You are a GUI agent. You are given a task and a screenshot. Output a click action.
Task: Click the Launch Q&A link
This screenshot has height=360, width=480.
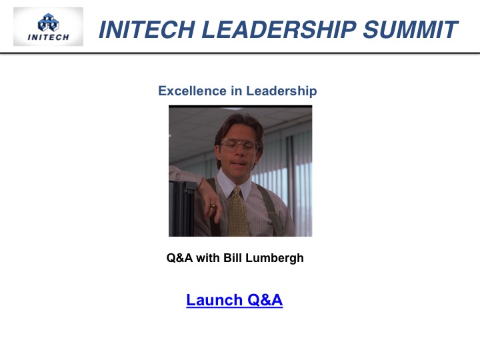(x=235, y=300)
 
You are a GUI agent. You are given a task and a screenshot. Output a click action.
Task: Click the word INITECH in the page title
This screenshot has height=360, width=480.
(x=147, y=29)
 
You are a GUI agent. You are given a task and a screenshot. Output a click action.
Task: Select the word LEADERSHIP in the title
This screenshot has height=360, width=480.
(x=279, y=29)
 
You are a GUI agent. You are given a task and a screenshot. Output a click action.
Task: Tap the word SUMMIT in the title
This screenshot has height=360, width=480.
(x=411, y=29)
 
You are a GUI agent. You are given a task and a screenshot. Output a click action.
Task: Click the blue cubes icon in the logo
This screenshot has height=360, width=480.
(x=49, y=23)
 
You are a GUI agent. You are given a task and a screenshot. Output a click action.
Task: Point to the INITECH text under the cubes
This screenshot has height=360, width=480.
(x=49, y=37)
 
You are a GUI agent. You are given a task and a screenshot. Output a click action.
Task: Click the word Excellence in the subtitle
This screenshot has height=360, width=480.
(x=193, y=91)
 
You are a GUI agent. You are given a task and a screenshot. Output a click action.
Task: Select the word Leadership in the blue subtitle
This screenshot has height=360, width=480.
(x=281, y=91)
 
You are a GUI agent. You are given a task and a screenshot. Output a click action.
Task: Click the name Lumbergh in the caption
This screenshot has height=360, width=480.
(x=275, y=258)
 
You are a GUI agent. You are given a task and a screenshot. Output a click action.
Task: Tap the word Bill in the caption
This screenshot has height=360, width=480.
(x=233, y=258)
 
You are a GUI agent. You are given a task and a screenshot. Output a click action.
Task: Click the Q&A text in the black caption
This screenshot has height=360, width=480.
(x=180, y=258)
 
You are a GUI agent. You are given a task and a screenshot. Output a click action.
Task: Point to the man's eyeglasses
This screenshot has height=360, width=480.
(x=239, y=145)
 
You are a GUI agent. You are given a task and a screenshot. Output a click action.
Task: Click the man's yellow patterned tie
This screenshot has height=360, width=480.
(x=237, y=212)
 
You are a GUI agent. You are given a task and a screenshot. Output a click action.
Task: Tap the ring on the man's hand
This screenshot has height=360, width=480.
(x=213, y=206)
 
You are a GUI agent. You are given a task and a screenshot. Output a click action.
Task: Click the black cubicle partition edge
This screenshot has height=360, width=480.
(x=183, y=209)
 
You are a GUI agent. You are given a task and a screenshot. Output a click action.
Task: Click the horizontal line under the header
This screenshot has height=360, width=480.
(x=240, y=53)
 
